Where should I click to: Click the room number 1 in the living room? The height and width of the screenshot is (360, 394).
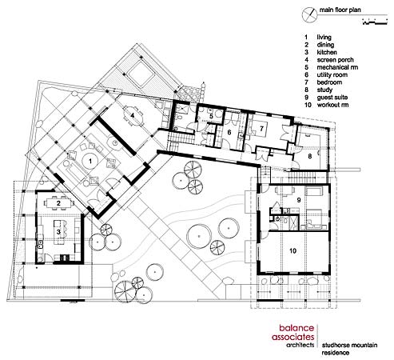pos(90,161)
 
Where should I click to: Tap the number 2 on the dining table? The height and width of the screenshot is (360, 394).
pos(58,203)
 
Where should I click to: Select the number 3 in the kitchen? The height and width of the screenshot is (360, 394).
pos(58,232)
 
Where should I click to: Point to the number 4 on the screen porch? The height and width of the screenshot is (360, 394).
pos(132,115)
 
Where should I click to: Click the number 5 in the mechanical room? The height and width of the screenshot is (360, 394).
pos(211,116)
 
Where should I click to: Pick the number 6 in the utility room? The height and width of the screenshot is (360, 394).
pos(229,132)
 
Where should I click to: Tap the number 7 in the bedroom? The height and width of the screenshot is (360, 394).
pos(261,129)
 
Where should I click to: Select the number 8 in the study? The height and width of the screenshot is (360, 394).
pos(309,156)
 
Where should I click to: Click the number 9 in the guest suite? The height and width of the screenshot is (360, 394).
pos(299,200)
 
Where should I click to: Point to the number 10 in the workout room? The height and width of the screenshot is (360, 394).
pos(293,250)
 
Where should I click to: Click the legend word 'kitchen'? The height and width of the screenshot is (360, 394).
pos(327,52)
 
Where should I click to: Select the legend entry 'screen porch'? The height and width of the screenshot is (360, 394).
pos(335,60)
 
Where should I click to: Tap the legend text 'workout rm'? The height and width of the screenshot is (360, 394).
pos(332,105)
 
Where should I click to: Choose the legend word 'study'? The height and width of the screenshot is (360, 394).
pos(324,90)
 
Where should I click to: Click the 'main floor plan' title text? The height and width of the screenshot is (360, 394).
pos(340,10)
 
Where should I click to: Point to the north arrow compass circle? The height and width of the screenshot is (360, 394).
pos(309,14)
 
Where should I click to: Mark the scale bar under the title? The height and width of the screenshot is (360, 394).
pos(375,22)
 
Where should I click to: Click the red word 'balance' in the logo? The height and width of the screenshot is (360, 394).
pos(296,328)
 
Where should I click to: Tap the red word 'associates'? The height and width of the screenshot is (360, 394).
pos(293,337)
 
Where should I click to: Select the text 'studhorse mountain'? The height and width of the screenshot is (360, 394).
pos(349,345)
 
